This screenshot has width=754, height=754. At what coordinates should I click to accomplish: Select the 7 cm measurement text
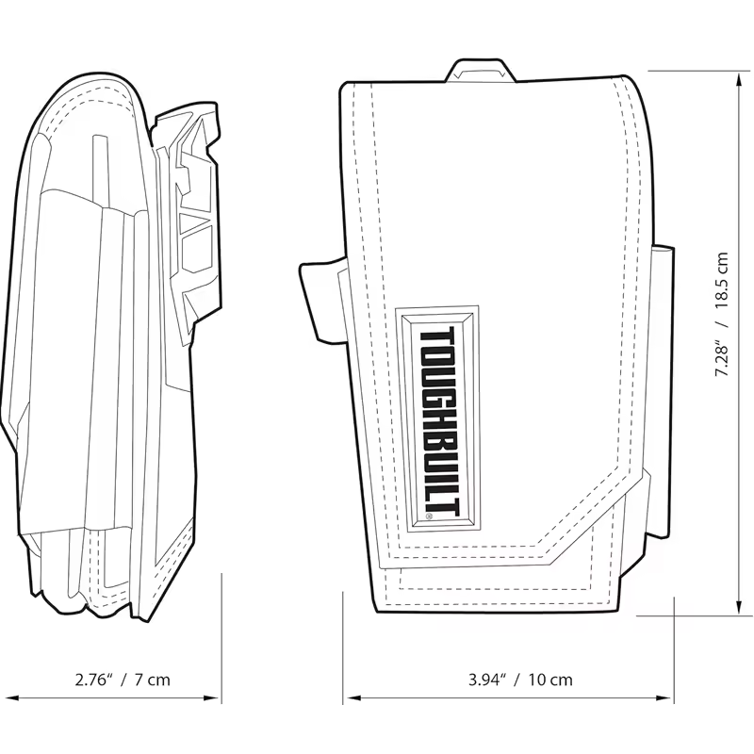tap(152, 679)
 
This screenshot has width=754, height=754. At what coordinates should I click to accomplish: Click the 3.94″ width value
tap(488, 679)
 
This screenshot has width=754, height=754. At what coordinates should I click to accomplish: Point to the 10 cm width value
tap(549, 679)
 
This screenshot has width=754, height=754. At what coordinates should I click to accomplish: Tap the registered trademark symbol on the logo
tap(429, 516)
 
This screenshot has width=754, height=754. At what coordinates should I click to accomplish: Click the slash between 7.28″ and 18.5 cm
tap(722, 319)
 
